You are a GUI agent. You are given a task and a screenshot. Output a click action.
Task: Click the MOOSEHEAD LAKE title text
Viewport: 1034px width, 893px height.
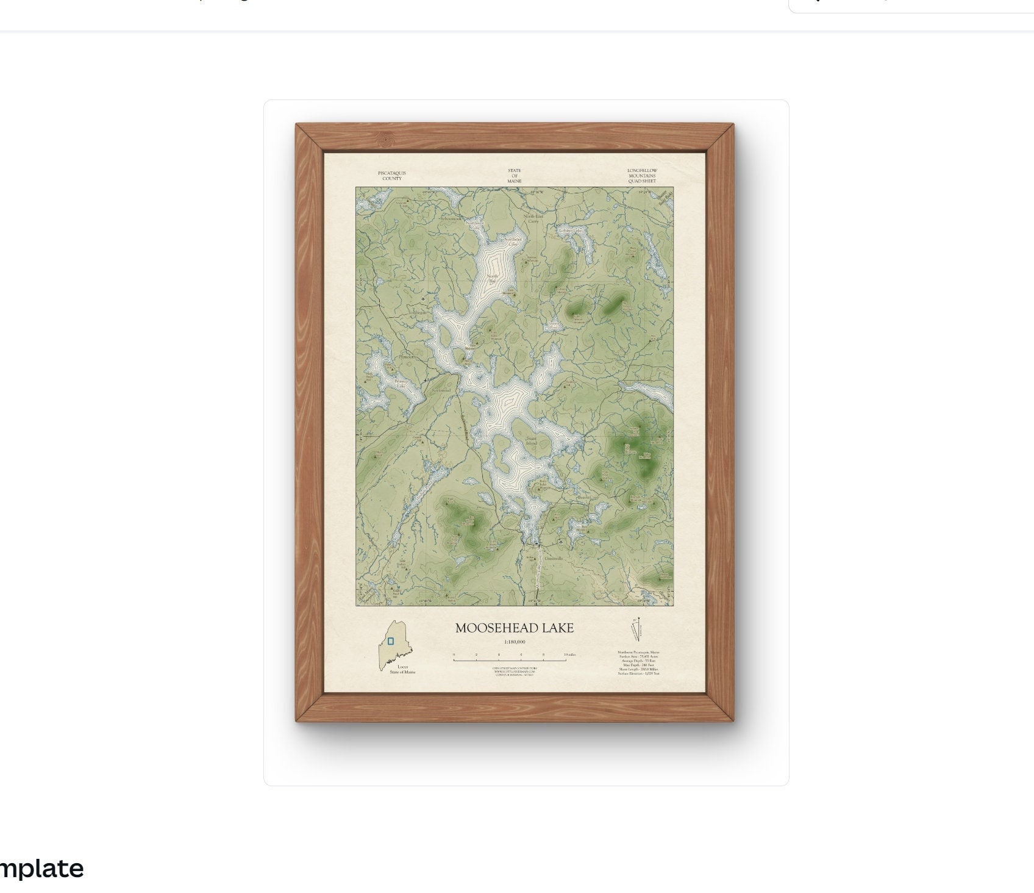coord(514,628)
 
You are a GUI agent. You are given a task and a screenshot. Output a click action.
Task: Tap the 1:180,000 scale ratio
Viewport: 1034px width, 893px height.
coord(515,642)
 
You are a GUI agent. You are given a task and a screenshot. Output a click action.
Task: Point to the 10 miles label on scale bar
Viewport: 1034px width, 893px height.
coord(569,655)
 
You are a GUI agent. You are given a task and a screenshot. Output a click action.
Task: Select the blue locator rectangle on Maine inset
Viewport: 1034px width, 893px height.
coord(391,641)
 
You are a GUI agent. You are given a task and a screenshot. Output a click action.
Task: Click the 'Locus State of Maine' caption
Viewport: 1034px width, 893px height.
coord(402,669)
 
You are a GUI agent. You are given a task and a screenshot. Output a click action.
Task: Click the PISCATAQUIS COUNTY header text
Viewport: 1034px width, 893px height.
coord(391,176)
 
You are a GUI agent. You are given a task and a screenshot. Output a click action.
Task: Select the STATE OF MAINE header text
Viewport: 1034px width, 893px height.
coord(514,176)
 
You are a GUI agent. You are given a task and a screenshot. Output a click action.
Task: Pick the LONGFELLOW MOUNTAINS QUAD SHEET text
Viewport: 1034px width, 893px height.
coord(642,176)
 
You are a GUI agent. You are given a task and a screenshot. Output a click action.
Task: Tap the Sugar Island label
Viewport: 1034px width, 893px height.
coord(532,441)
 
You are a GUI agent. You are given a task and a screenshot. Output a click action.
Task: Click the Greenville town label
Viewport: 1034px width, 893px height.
coord(553,558)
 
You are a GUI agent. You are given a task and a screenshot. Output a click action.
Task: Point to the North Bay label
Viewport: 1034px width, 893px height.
coord(493,279)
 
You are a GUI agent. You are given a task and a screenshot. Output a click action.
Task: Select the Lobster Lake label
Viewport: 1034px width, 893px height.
coord(571,231)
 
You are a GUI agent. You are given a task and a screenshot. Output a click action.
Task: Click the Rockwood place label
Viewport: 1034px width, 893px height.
coord(441,390)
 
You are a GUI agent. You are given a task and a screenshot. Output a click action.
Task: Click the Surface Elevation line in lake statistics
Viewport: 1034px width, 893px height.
coord(638,673)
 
